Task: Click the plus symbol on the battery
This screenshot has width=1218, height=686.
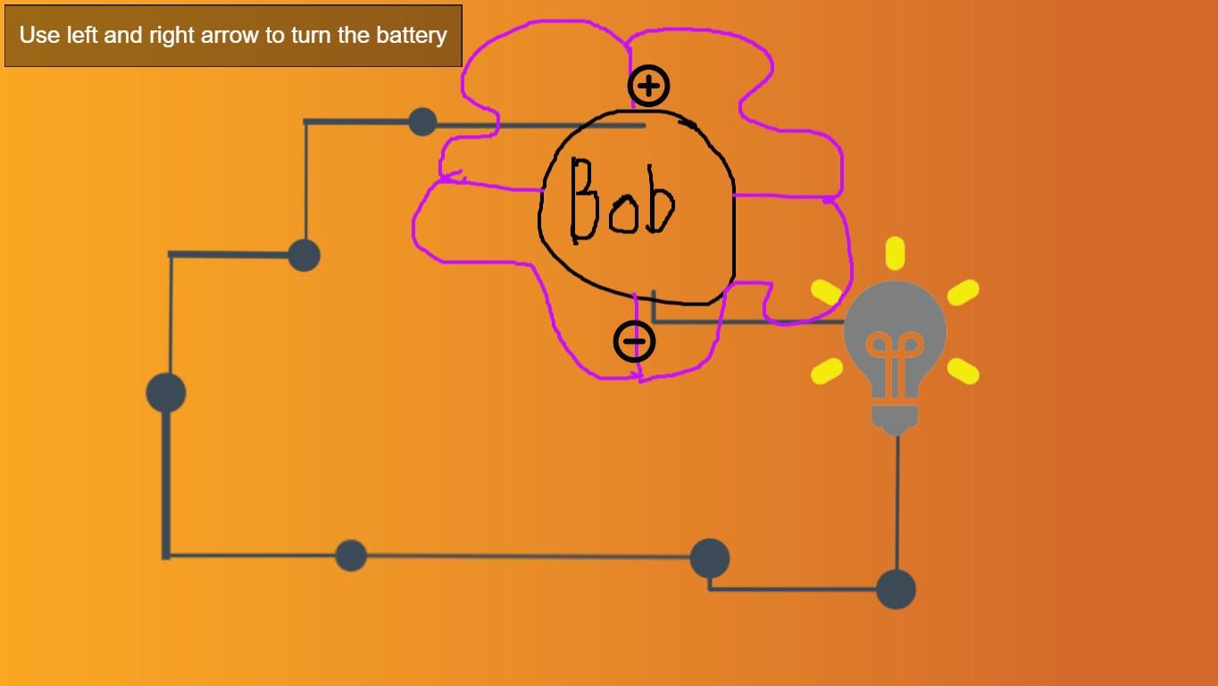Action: click(x=649, y=86)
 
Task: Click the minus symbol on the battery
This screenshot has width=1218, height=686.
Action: click(x=634, y=341)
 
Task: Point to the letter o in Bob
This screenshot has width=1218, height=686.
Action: click(x=623, y=214)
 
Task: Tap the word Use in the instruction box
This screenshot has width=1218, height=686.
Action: click(x=39, y=36)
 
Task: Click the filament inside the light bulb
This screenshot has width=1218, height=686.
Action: click(x=895, y=357)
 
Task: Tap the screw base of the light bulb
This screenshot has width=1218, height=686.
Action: click(x=895, y=418)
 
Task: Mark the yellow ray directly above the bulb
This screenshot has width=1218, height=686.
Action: click(x=895, y=253)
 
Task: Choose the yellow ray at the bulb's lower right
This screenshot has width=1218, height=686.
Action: click(x=963, y=371)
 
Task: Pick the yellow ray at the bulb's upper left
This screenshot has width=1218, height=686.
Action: click(x=827, y=291)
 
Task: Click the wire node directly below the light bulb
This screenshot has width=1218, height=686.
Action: click(x=896, y=590)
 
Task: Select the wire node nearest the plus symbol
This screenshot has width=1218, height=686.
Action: click(x=422, y=121)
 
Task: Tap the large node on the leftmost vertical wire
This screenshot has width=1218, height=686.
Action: click(x=166, y=393)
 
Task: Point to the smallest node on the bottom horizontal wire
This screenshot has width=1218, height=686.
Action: click(x=351, y=556)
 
